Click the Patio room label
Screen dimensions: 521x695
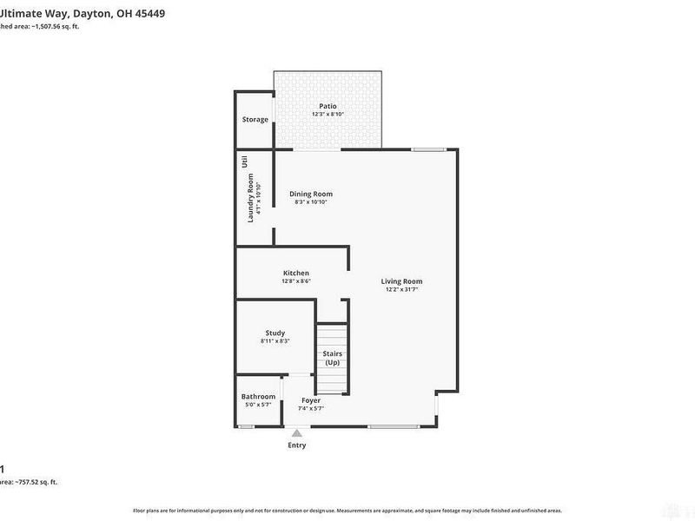tap(328, 106)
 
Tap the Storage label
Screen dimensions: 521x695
tap(255, 119)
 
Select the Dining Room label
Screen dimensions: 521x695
tap(311, 194)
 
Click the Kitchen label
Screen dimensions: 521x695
tap(295, 273)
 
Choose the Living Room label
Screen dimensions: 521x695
tap(402, 280)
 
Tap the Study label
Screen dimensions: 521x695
tap(275, 333)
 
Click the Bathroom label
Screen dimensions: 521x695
tap(258, 397)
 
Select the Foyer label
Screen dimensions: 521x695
tap(310, 400)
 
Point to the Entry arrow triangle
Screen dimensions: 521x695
tap(297, 432)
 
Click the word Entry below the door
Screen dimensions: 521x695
tap(297, 445)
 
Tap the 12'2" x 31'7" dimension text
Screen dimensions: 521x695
tap(402, 289)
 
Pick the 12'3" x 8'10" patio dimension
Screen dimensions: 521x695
tap(328, 115)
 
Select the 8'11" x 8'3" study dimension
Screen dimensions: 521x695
tap(275, 341)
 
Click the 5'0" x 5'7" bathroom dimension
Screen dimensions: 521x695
tap(258, 406)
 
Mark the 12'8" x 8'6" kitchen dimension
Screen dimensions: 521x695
tap(295, 281)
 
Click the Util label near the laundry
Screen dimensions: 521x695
tap(245, 161)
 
